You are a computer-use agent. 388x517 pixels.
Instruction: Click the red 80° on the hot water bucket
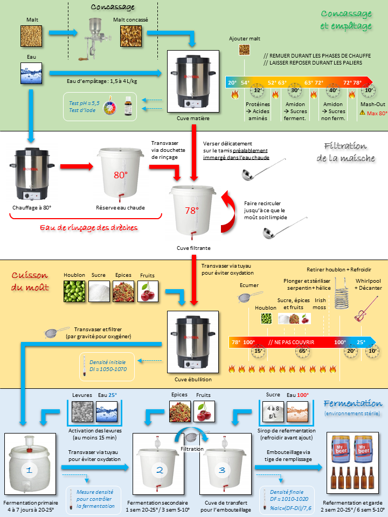(120, 175)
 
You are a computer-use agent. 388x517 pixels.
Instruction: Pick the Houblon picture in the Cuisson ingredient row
(74, 291)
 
